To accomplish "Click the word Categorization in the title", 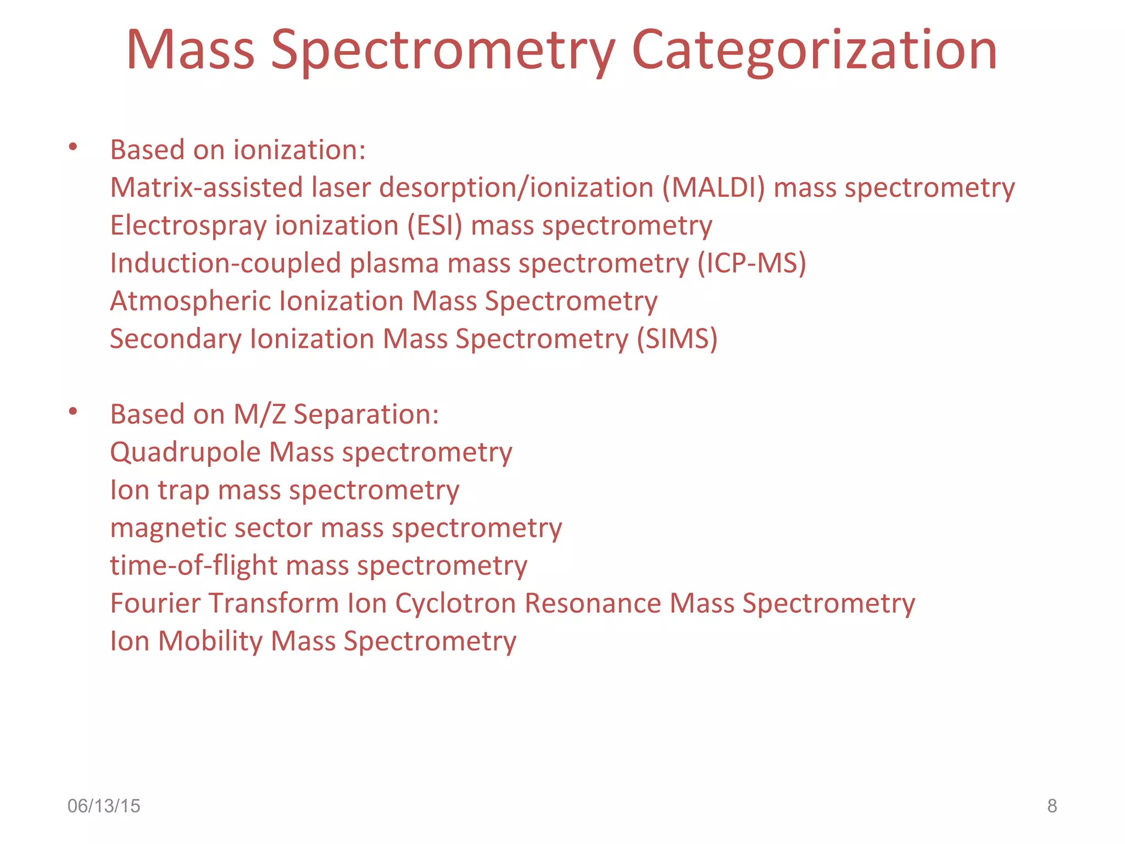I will click(814, 51).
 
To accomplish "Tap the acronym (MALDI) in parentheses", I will click(713, 187).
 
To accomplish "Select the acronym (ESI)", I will click(435, 225).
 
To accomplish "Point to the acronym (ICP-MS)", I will click(751, 263).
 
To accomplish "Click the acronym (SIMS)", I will click(677, 338).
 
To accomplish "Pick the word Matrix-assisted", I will click(206, 187).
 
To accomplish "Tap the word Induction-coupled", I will click(225, 263).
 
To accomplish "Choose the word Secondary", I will click(175, 339).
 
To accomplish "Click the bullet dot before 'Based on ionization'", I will click(73, 147).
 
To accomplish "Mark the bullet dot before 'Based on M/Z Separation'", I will click(73, 412).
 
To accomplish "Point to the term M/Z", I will click(259, 414).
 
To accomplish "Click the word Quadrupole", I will click(185, 453).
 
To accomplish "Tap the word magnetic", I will click(168, 529).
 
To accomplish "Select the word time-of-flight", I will click(193, 565).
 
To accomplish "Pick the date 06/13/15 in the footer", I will click(104, 806).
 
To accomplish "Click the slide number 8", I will click(1051, 806).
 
